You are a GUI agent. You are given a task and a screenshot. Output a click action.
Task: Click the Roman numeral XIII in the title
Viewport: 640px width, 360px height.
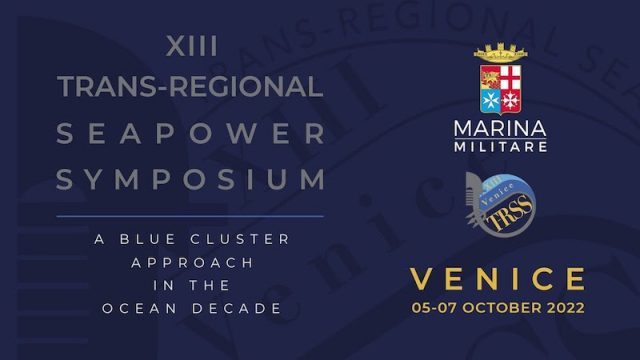[190, 46]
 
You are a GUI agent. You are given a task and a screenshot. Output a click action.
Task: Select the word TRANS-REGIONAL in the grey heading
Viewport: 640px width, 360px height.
[190, 88]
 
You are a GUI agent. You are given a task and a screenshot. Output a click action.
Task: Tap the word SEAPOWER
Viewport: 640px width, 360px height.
[190, 134]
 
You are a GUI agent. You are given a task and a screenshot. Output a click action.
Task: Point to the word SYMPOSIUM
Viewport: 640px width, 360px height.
[190, 181]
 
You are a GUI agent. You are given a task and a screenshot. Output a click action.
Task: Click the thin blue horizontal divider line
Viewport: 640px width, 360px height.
[190, 215]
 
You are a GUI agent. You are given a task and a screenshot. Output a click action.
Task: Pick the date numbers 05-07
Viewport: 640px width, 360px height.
[436, 309]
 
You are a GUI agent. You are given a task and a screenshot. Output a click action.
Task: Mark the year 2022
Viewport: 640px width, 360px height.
[565, 309]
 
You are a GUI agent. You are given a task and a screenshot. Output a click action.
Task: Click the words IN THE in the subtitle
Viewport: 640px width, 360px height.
[190, 286]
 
